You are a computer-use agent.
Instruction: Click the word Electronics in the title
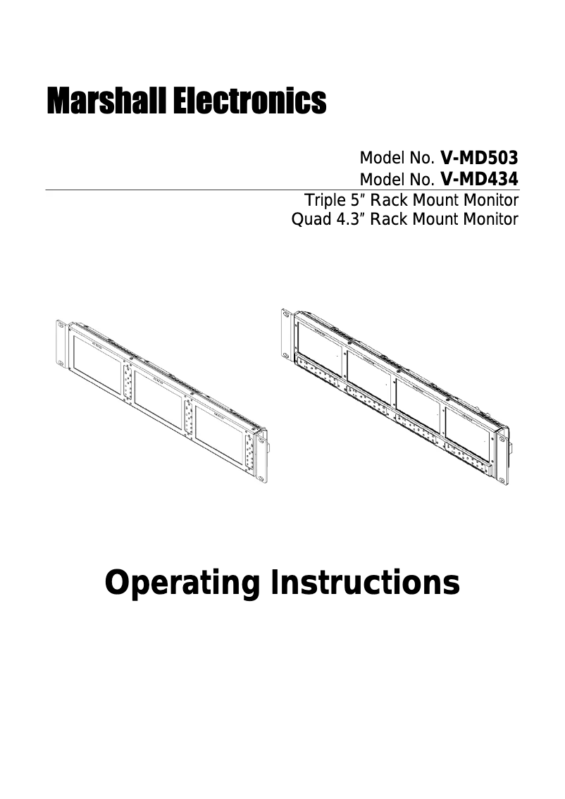(x=249, y=101)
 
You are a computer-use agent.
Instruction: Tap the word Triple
(x=322, y=200)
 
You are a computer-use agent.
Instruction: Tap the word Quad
(x=307, y=219)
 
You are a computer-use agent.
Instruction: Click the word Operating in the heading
(x=183, y=583)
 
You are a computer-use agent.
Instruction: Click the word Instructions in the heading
(x=364, y=583)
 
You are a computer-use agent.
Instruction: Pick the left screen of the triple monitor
(x=97, y=364)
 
